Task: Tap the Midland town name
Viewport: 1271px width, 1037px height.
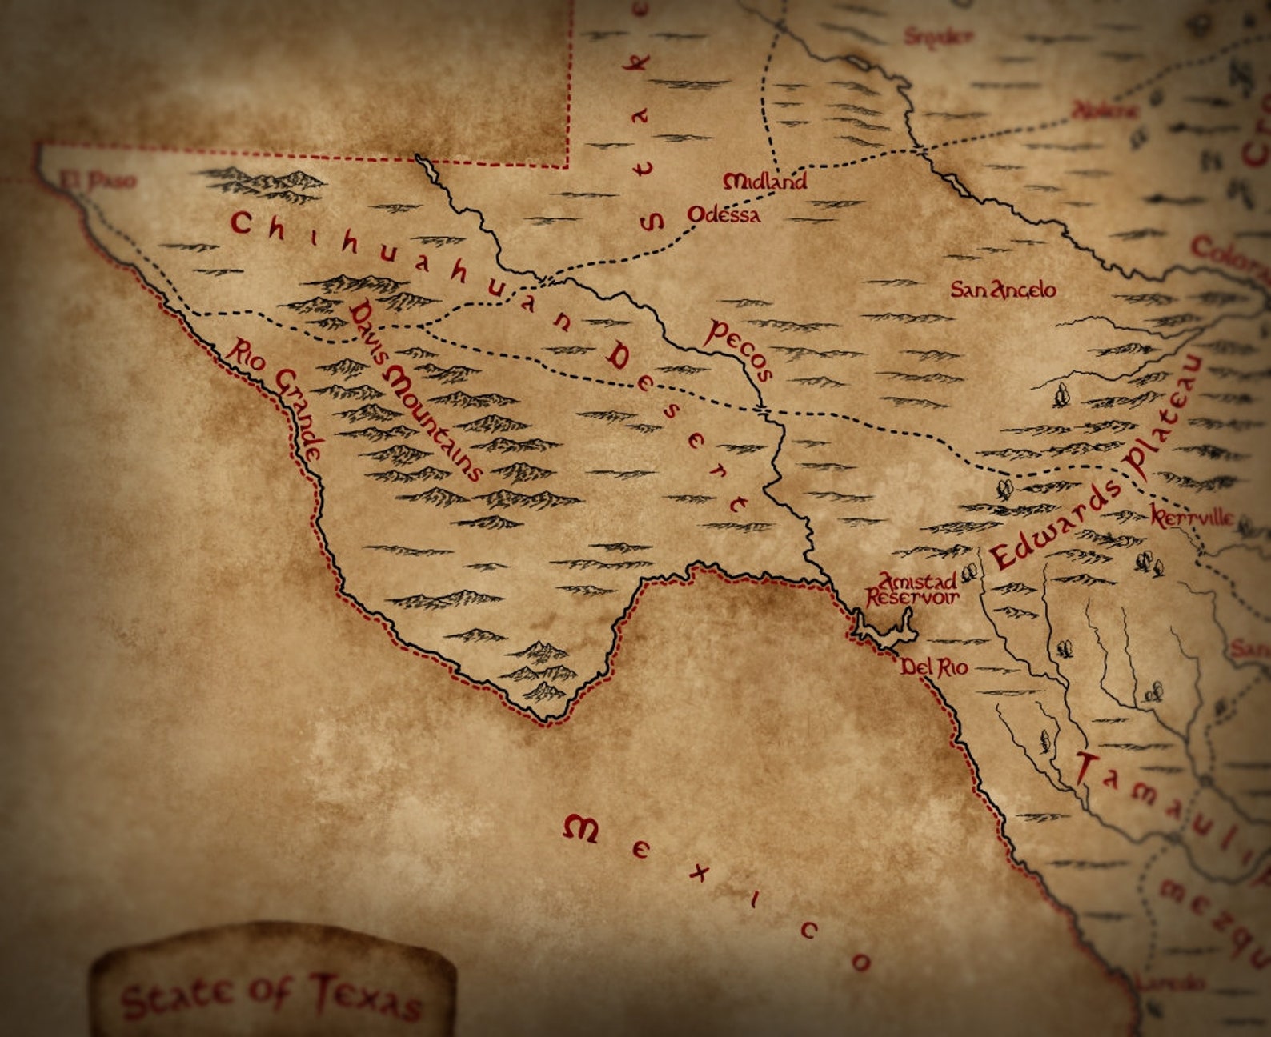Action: click(764, 182)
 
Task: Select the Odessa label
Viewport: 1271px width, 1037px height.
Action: click(724, 214)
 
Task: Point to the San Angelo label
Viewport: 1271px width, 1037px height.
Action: click(1003, 290)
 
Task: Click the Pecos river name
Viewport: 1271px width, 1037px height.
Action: click(739, 350)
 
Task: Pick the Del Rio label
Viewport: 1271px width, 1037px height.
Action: click(934, 667)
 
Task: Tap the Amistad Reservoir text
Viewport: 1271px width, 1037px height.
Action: click(912, 589)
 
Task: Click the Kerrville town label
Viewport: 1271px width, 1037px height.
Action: click(1193, 518)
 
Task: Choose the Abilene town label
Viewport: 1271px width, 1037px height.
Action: click(1105, 110)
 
